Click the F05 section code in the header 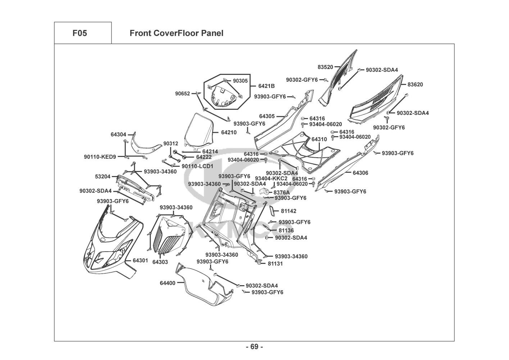coord(79,33)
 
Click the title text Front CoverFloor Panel coord(176,33)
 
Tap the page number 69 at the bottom coord(254,347)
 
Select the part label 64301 coord(140,260)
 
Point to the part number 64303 coord(160,262)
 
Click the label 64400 coord(168,283)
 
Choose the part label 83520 coord(325,67)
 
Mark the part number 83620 coord(415,85)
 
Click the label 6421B coord(267,86)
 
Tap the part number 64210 coord(229,132)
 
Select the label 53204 coord(103,177)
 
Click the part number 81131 coord(275,264)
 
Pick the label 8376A coord(282,192)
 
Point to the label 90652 coord(183,94)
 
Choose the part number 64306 coord(360,173)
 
